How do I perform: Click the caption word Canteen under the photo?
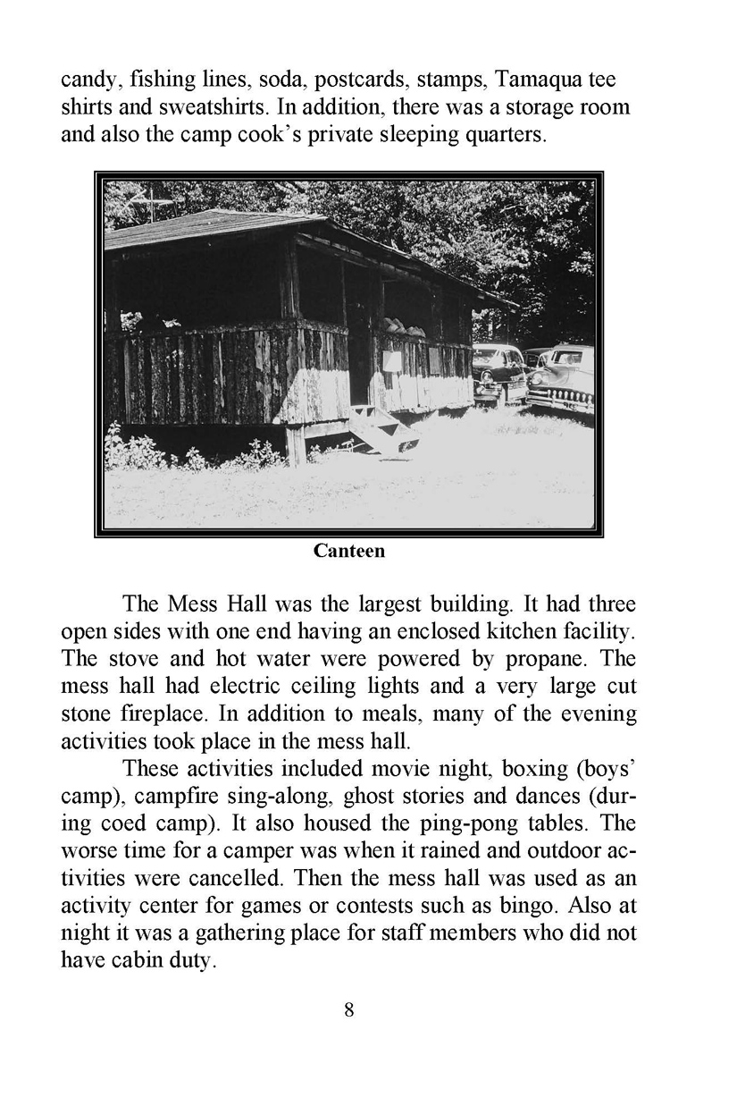coord(349,552)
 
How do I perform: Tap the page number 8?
coord(349,1011)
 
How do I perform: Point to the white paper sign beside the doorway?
coord(391,359)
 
